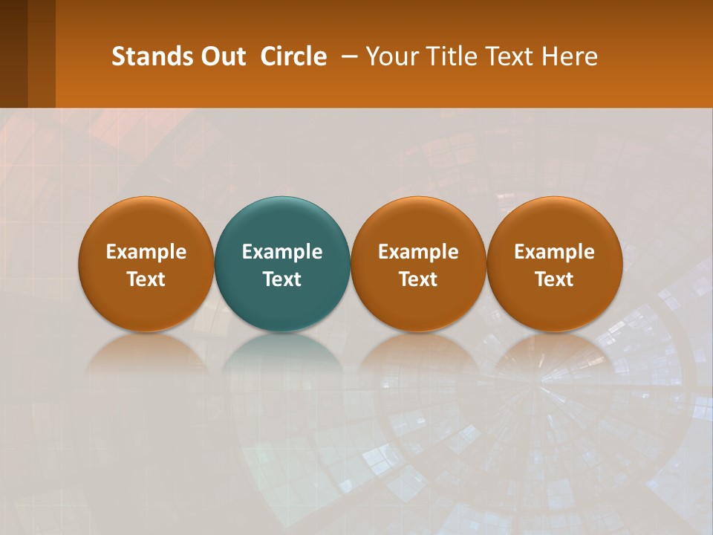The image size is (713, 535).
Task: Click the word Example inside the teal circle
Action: tap(282, 252)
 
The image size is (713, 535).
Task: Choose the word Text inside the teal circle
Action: tap(282, 279)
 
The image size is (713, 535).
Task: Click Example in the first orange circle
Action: tap(146, 252)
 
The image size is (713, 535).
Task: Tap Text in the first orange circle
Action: tap(146, 279)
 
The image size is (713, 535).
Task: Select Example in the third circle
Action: tap(418, 252)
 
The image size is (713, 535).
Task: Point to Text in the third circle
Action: tap(418, 279)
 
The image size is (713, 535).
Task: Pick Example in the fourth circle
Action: tap(554, 252)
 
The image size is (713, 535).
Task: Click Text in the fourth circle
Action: tap(554, 279)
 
